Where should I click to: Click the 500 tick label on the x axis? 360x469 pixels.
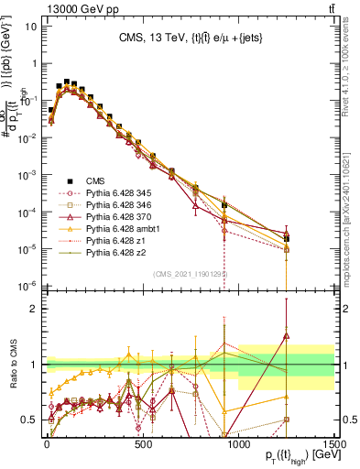tap(142, 442)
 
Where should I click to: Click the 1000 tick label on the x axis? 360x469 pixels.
tap(238, 442)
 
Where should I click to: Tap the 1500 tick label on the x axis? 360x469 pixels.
tap(333, 442)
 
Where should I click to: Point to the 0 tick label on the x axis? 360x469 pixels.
tap(46, 442)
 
